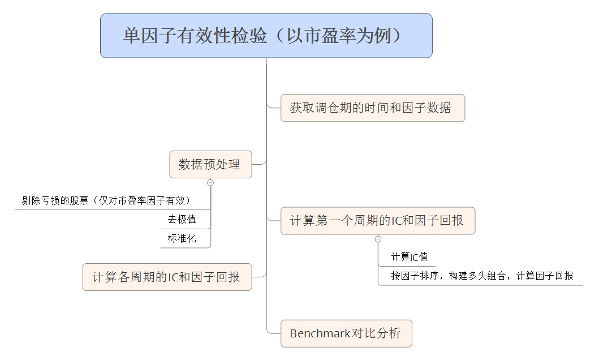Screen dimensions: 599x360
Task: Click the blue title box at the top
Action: tap(266, 36)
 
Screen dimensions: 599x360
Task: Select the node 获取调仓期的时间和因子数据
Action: tap(373, 108)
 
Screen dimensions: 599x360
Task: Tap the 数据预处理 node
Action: tap(210, 164)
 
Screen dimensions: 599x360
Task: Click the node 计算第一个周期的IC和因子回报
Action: tap(378, 221)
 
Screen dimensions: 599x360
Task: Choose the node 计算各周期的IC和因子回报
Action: tap(167, 277)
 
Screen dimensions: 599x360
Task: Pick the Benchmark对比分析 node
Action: tap(346, 333)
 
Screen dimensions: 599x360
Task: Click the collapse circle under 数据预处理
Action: tap(210, 183)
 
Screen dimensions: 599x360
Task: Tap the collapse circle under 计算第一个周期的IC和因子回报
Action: tap(378, 239)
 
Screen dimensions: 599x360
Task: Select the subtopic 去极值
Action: tap(182, 220)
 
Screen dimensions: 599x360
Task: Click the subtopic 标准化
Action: tap(182, 238)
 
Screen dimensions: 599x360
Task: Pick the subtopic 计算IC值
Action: tap(409, 257)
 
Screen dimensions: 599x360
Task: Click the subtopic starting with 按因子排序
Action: tap(482, 276)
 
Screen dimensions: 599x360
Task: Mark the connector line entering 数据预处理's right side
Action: tap(259, 164)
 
